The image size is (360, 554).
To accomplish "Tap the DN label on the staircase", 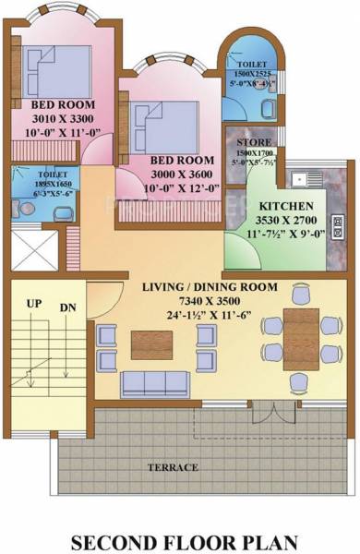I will tap(67, 307).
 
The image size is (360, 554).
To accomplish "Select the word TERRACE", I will tap(174, 467).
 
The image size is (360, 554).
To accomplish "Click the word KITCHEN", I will tap(285, 205).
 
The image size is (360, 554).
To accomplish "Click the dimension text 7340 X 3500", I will tap(209, 300).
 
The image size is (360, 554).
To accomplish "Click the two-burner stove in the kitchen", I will tap(338, 223).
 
